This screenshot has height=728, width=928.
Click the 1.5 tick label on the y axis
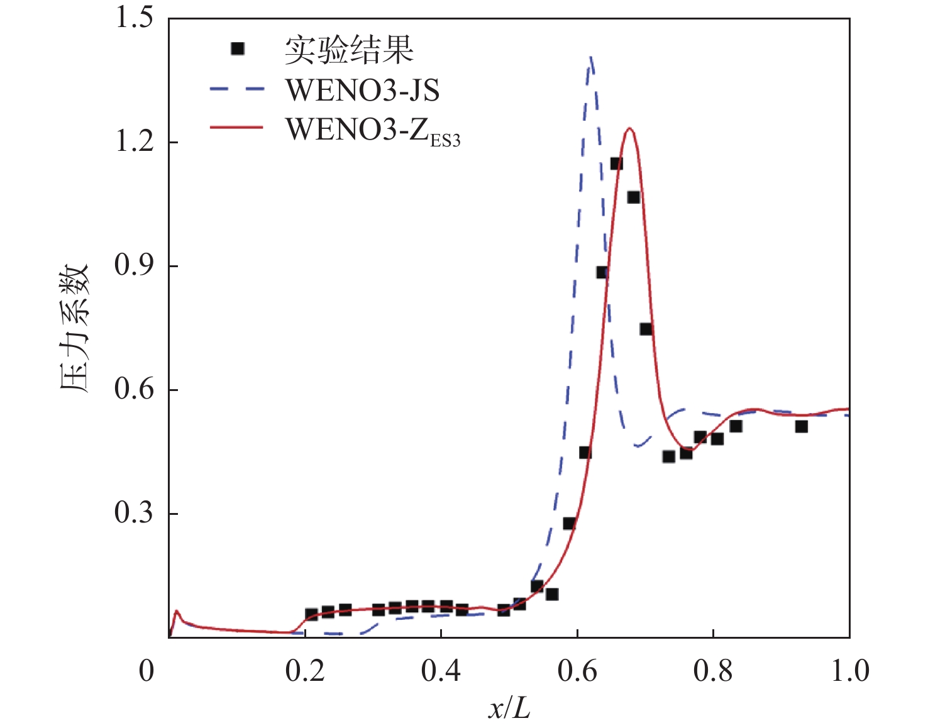tap(134, 17)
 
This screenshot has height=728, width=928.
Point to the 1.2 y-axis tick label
tap(134, 141)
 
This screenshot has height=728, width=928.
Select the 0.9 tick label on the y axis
tap(134, 265)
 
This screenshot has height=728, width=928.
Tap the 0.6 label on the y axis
tap(134, 389)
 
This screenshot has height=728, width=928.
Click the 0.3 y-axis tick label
tap(134, 513)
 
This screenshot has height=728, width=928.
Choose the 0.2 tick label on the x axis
tap(305, 671)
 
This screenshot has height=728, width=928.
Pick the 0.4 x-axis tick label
tap(441, 671)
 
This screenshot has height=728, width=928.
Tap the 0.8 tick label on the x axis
tap(713, 671)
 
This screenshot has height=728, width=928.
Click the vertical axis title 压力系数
tap(75, 328)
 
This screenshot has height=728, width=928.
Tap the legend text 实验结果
tap(349, 50)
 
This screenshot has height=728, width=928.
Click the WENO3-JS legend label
tap(363, 90)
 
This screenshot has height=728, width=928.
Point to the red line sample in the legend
tap(236, 128)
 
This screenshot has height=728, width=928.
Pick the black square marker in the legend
tap(237, 49)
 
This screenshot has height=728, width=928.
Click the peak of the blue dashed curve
tap(590, 58)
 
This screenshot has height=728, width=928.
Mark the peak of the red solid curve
tap(629, 129)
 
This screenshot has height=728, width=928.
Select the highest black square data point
tap(616, 164)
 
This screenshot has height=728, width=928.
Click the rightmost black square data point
tap(801, 426)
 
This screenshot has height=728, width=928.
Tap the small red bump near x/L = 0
tap(177, 611)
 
